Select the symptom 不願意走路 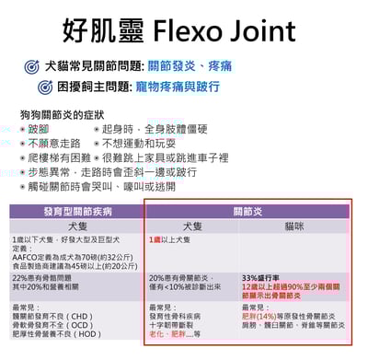[54, 144]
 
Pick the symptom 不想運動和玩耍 [139, 144]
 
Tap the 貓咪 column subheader [295, 225]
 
